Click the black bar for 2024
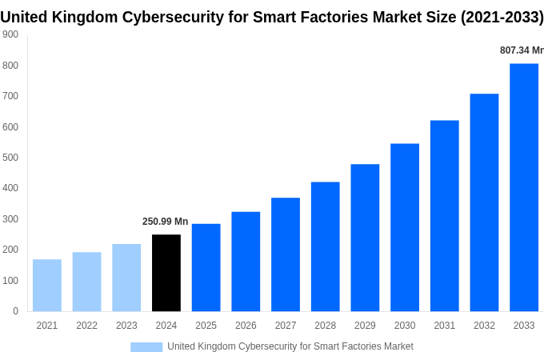[166, 273]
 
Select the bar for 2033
[524, 187]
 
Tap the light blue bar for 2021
[47, 285]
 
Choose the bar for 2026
[246, 262]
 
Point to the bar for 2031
[444, 216]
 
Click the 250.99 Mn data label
[166, 222]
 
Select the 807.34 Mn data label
[521, 50]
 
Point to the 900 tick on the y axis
[10, 34]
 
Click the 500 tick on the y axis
[10, 158]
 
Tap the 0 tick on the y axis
[15, 311]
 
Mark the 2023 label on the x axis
[126, 326]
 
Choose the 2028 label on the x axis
[325, 326]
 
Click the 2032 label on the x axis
[484, 326]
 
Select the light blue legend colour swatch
[146, 347]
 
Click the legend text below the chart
[290, 346]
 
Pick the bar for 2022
[86, 282]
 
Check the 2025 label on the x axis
[206, 326]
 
